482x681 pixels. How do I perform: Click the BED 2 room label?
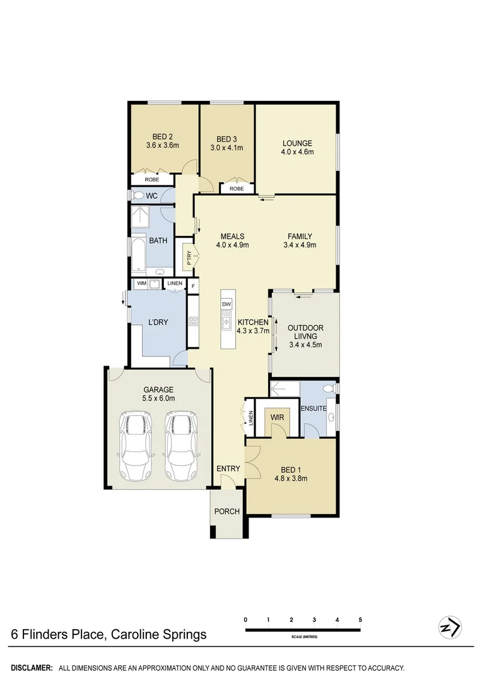158,136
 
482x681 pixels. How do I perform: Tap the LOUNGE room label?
297,143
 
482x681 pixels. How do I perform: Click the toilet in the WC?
138,195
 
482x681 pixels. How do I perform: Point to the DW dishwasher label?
226,304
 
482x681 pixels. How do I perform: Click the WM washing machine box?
142,284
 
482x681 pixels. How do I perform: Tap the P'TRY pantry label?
187,257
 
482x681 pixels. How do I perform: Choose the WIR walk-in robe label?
276,417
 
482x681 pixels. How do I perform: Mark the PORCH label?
227,511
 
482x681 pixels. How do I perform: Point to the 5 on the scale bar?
360,619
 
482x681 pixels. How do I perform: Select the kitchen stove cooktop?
194,321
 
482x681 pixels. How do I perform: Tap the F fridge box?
193,284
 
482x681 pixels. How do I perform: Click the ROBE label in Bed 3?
237,189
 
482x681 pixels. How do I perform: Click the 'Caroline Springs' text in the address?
158,634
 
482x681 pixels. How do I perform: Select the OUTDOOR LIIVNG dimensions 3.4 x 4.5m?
305,344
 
